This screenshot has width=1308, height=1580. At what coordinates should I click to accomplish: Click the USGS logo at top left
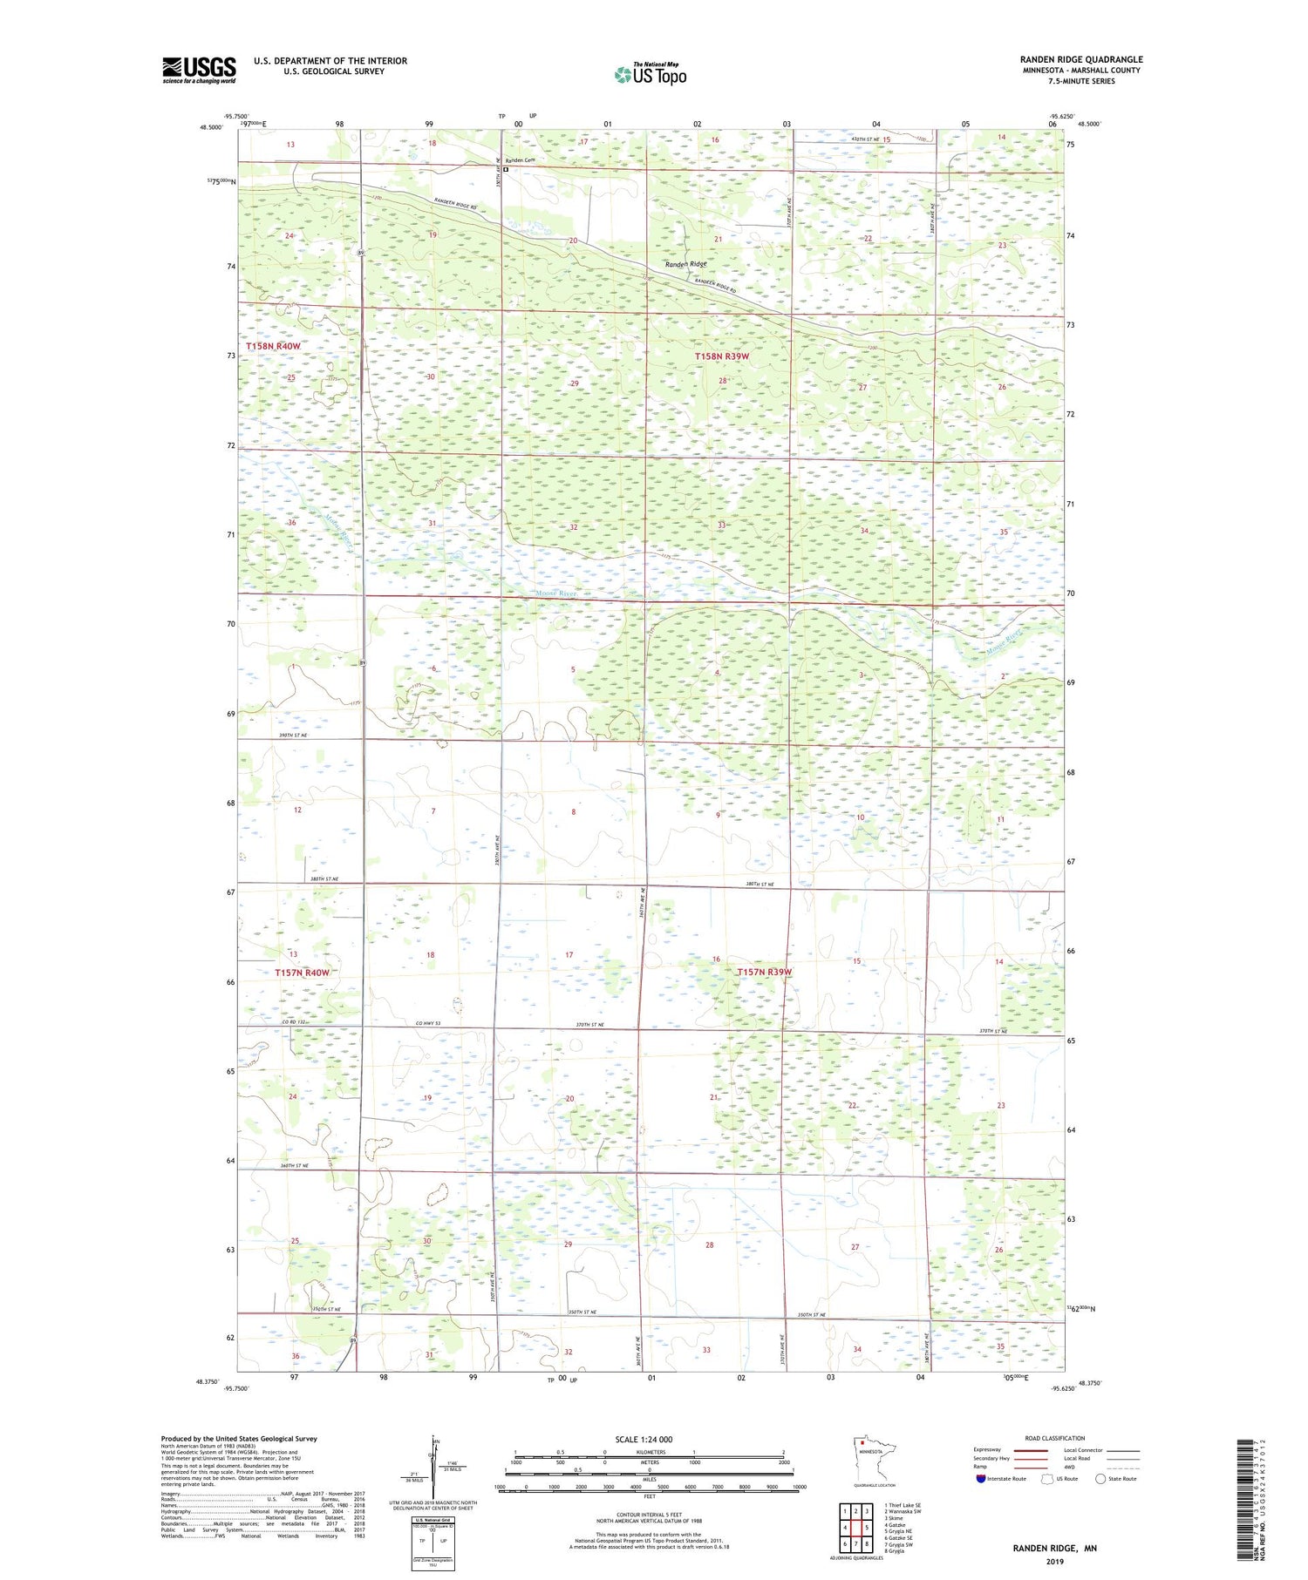(x=199, y=70)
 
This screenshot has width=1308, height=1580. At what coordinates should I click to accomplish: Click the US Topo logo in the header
(x=650, y=75)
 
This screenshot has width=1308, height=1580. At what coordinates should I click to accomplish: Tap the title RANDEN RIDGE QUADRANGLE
(x=1080, y=59)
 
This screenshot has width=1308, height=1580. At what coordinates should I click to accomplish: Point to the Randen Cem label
(x=519, y=160)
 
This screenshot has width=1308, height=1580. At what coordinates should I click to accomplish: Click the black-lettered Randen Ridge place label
(x=685, y=264)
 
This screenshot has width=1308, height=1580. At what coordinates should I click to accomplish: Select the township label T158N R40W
(x=273, y=346)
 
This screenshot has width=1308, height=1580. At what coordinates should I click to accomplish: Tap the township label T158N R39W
(x=721, y=356)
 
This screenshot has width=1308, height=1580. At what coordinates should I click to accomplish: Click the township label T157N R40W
(x=302, y=973)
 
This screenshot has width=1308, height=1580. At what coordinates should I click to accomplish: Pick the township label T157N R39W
(x=764, y=972)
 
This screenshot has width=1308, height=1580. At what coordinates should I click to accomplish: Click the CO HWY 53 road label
(x=427, y=1023)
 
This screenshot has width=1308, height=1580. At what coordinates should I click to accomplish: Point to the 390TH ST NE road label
(x=293, y=736)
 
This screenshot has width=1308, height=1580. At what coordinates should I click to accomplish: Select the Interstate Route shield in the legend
(x=981, y=1479)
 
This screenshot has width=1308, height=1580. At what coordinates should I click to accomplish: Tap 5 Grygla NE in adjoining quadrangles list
(x=899, y=1531)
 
